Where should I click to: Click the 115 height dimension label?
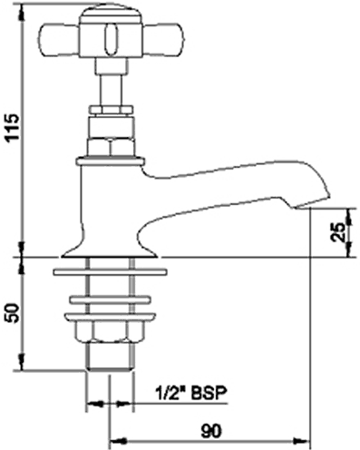coord(14,127)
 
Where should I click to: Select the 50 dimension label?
coord(14,313)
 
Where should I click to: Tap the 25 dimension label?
coord(338,232)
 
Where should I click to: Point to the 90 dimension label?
coord(211,431)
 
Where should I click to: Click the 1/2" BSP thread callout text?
coord(191,393)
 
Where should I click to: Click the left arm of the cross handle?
coord(59,41)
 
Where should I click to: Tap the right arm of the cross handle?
coord(163,41)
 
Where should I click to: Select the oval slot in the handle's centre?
coord(111,41)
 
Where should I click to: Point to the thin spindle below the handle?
coord(111,89)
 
